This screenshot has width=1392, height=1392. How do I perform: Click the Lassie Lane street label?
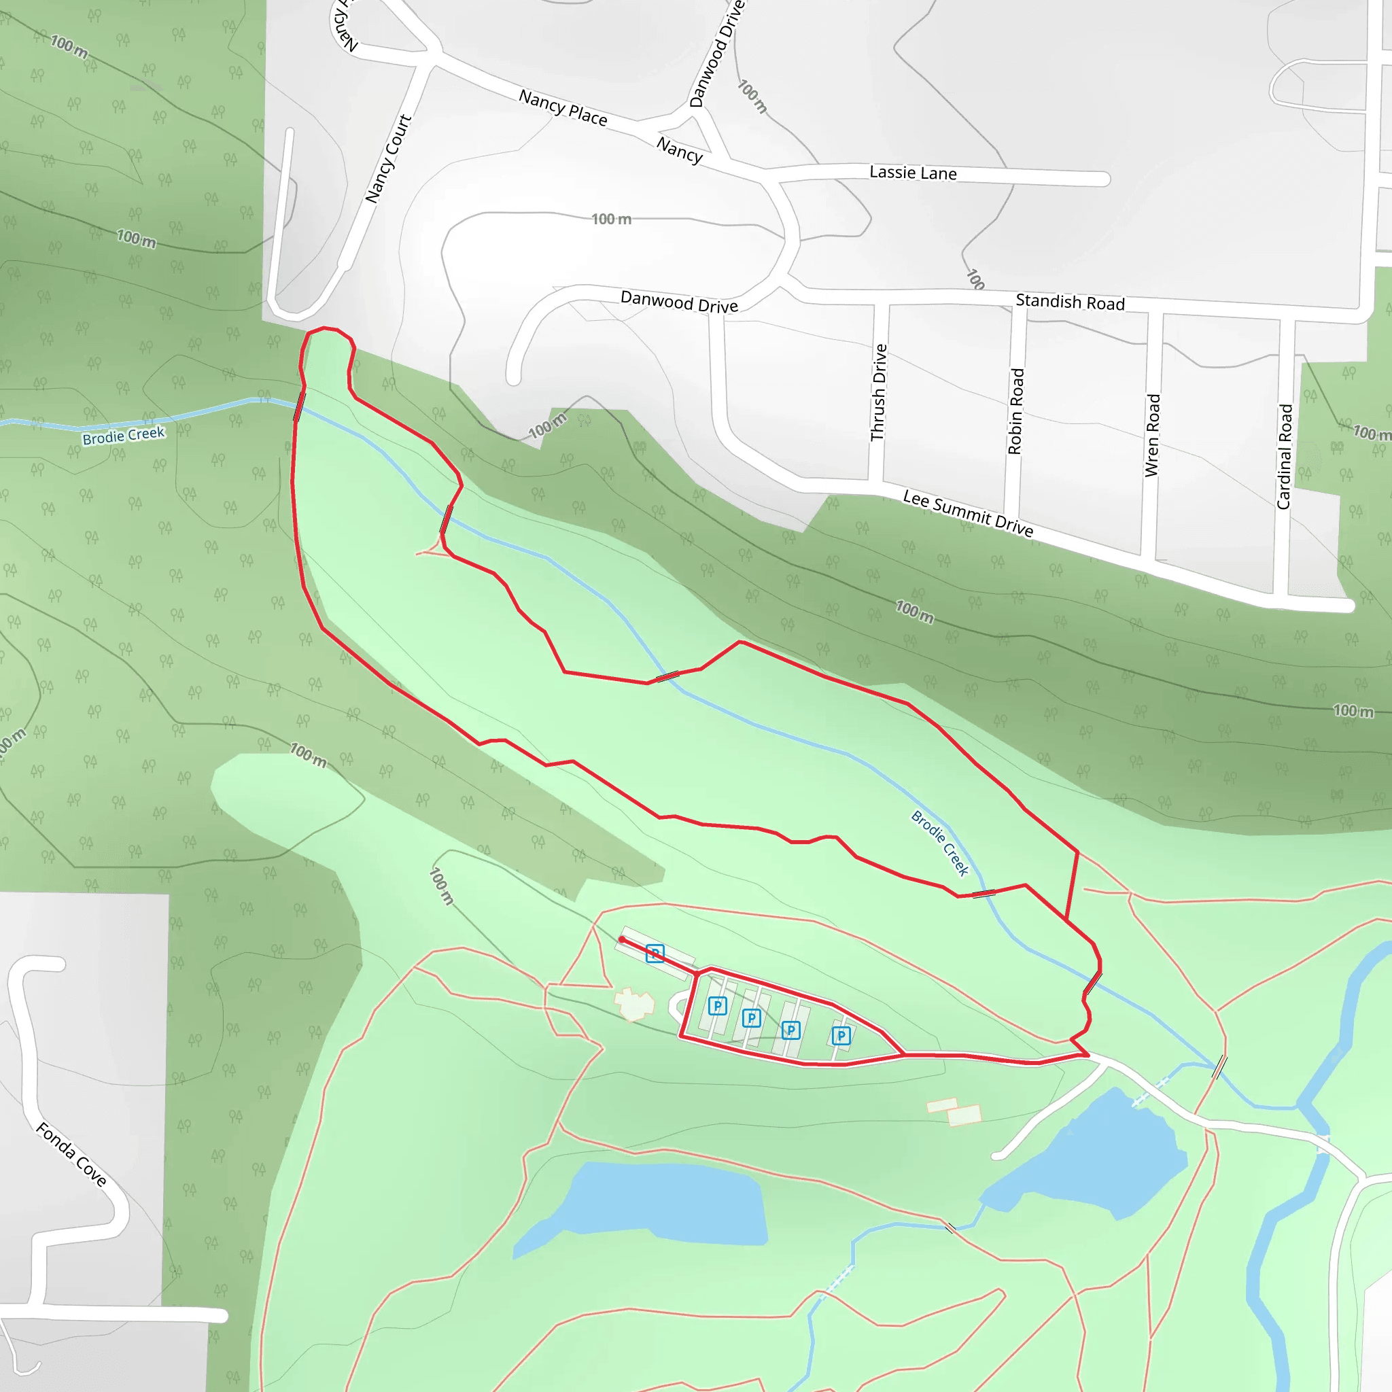[913, 173]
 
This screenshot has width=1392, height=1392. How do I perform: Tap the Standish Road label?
[1070, 302]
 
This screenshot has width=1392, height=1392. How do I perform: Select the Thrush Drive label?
[879, 393]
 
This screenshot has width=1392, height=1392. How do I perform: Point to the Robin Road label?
[1016, 411]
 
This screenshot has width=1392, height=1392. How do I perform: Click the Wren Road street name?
[1153, 435]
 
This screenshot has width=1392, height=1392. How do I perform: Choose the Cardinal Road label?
[1285, 457]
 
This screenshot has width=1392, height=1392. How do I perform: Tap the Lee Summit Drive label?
[968, 514]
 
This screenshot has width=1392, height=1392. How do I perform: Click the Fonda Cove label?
[71, 1153]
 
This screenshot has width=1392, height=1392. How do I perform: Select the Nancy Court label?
[387, 158]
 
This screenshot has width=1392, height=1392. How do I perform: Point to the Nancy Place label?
[563, 107]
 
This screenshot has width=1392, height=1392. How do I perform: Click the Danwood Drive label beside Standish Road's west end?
[679, 302]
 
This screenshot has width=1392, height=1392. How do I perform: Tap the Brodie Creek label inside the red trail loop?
[939, 843]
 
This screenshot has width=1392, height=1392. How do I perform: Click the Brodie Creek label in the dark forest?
[123, 436]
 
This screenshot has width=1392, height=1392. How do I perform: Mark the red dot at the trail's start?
[622, 939]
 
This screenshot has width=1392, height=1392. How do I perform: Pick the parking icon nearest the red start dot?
[655, 954]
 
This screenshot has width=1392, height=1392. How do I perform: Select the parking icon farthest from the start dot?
[841, 1036]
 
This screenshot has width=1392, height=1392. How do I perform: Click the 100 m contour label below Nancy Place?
[611, 219]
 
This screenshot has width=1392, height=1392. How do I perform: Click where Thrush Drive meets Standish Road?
[881, 297]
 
